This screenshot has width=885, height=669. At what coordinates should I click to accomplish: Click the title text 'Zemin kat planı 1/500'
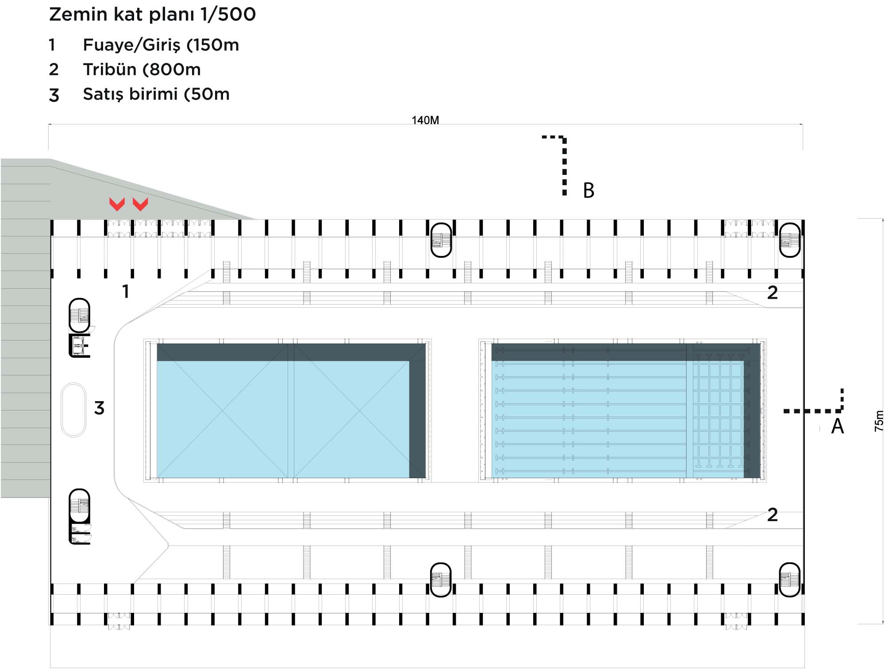coord(152,14)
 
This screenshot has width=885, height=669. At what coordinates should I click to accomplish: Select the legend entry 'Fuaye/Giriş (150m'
coord(161,45)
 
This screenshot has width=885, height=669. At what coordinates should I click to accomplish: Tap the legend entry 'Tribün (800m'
coord(142,70)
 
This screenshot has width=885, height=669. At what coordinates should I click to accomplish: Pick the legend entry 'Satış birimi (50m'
coord(156,94)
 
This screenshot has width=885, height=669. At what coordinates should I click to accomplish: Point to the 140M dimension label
coord(425,120)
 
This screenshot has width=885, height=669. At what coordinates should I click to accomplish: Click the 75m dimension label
coord(879,421)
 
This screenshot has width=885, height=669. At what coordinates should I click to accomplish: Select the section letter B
coord(589,190)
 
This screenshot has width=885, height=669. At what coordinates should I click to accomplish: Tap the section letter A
coord(838,426)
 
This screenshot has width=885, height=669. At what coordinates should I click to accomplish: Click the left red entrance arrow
coord(117,204)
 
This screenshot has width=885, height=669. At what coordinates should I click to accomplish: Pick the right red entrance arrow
coord(140,204)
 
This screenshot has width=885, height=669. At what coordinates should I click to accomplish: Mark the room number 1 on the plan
coord(126,292)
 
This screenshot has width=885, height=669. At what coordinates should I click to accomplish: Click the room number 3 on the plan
coord(99,408)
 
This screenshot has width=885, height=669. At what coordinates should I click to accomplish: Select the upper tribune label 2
coord(772,293)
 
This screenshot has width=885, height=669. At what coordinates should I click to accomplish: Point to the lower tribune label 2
coord(772,515)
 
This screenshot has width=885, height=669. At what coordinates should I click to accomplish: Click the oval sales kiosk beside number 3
coord(73,410)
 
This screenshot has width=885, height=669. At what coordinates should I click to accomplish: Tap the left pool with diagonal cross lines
coord(288,411)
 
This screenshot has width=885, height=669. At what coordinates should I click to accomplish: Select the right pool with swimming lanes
coord(623,411)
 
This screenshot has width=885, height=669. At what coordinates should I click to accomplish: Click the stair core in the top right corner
coord(790,240)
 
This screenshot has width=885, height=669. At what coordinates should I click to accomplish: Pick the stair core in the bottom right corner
coord(790,580)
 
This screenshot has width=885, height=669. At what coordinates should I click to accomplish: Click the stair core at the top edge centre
coord(441,240)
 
